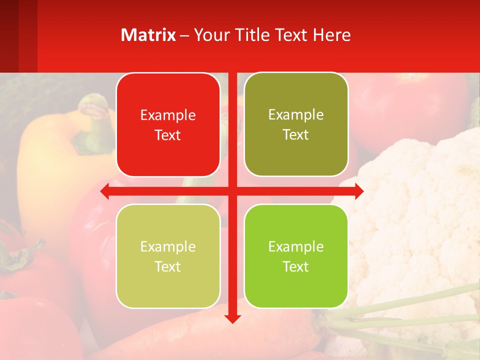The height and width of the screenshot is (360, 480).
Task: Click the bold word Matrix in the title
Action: pyautogui.click(x=148, y=35)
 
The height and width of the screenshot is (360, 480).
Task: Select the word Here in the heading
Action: pyautogui.click(x=332, y=35)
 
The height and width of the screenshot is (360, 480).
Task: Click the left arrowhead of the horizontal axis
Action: pyautogui.click(x=105, y=191)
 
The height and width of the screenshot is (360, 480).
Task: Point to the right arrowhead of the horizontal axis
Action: pyautogui.click(x=359, y=191)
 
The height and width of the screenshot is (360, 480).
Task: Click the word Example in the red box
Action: pyautogui.click(x=168, y=115)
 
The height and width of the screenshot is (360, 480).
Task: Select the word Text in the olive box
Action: pyautogui.click(x=296, y=135)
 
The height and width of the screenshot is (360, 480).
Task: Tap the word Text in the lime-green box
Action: pyautogui.click(x=296, y=267)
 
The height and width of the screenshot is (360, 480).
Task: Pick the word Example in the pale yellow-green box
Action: pyautogui.click(x=168, y=247)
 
